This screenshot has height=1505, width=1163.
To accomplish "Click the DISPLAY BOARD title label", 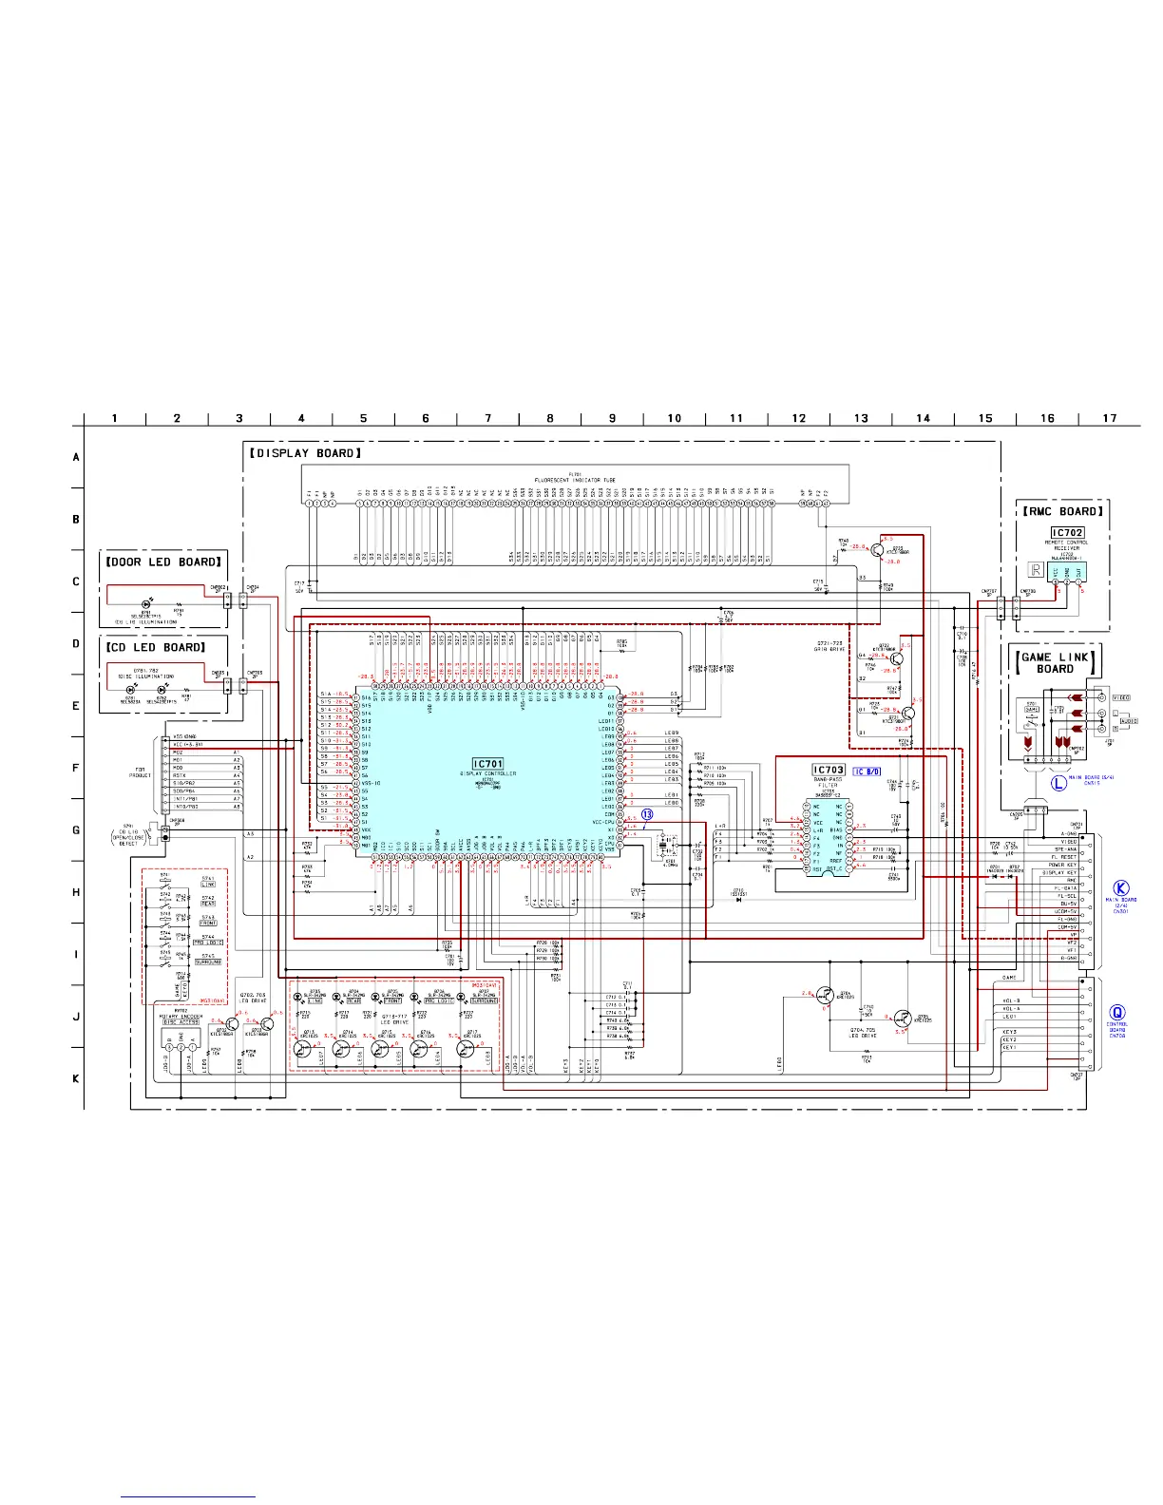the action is (x=305, y=453).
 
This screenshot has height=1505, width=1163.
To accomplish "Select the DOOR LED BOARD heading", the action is (x=163, y=562).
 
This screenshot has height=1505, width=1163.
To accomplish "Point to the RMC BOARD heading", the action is (x=1062, y=511).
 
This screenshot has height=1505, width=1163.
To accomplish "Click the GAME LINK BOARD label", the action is (x=1055, y=662).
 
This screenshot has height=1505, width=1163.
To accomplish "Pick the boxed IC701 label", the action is (x=487, y=764).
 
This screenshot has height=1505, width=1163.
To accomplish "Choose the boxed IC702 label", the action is (x=1067, y=533).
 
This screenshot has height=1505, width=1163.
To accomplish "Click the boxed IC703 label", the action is (x=829, y=771).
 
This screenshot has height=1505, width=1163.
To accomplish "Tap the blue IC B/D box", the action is (x=867, y=772).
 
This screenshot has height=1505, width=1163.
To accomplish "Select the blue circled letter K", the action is (x=1121, y=888).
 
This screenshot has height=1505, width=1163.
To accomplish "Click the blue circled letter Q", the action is (x=1117, y=1013).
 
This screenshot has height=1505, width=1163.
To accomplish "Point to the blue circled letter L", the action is (x=1058, y=784).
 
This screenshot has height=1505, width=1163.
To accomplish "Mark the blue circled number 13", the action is (x=647, y=814).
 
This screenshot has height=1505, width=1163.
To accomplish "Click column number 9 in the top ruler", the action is (x=612, y=418).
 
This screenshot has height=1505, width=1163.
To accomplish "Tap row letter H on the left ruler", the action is (x=76, y=892).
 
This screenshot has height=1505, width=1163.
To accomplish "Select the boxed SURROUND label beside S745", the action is (x=208, y=962).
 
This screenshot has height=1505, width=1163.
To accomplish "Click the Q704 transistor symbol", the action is (x=826, y=996).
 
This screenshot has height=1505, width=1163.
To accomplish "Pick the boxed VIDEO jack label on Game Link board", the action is (x=1122, y=698).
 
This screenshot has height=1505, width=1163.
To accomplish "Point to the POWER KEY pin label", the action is (x=1062, y=866).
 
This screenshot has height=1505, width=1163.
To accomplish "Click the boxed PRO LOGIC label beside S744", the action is (x=208, y=943).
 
